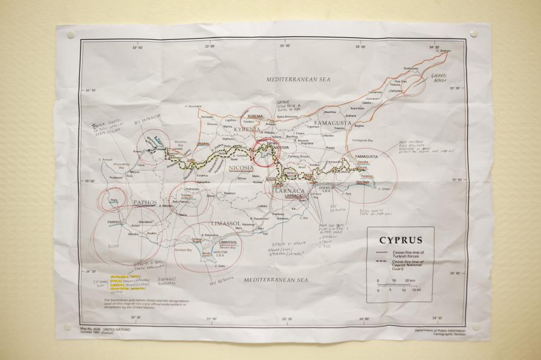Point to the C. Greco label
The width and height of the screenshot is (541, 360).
point(384,188)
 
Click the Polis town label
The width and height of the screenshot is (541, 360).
point(112,200)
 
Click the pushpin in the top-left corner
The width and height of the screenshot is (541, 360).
point(71,35)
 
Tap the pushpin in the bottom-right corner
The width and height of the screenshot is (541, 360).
point(475,327)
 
